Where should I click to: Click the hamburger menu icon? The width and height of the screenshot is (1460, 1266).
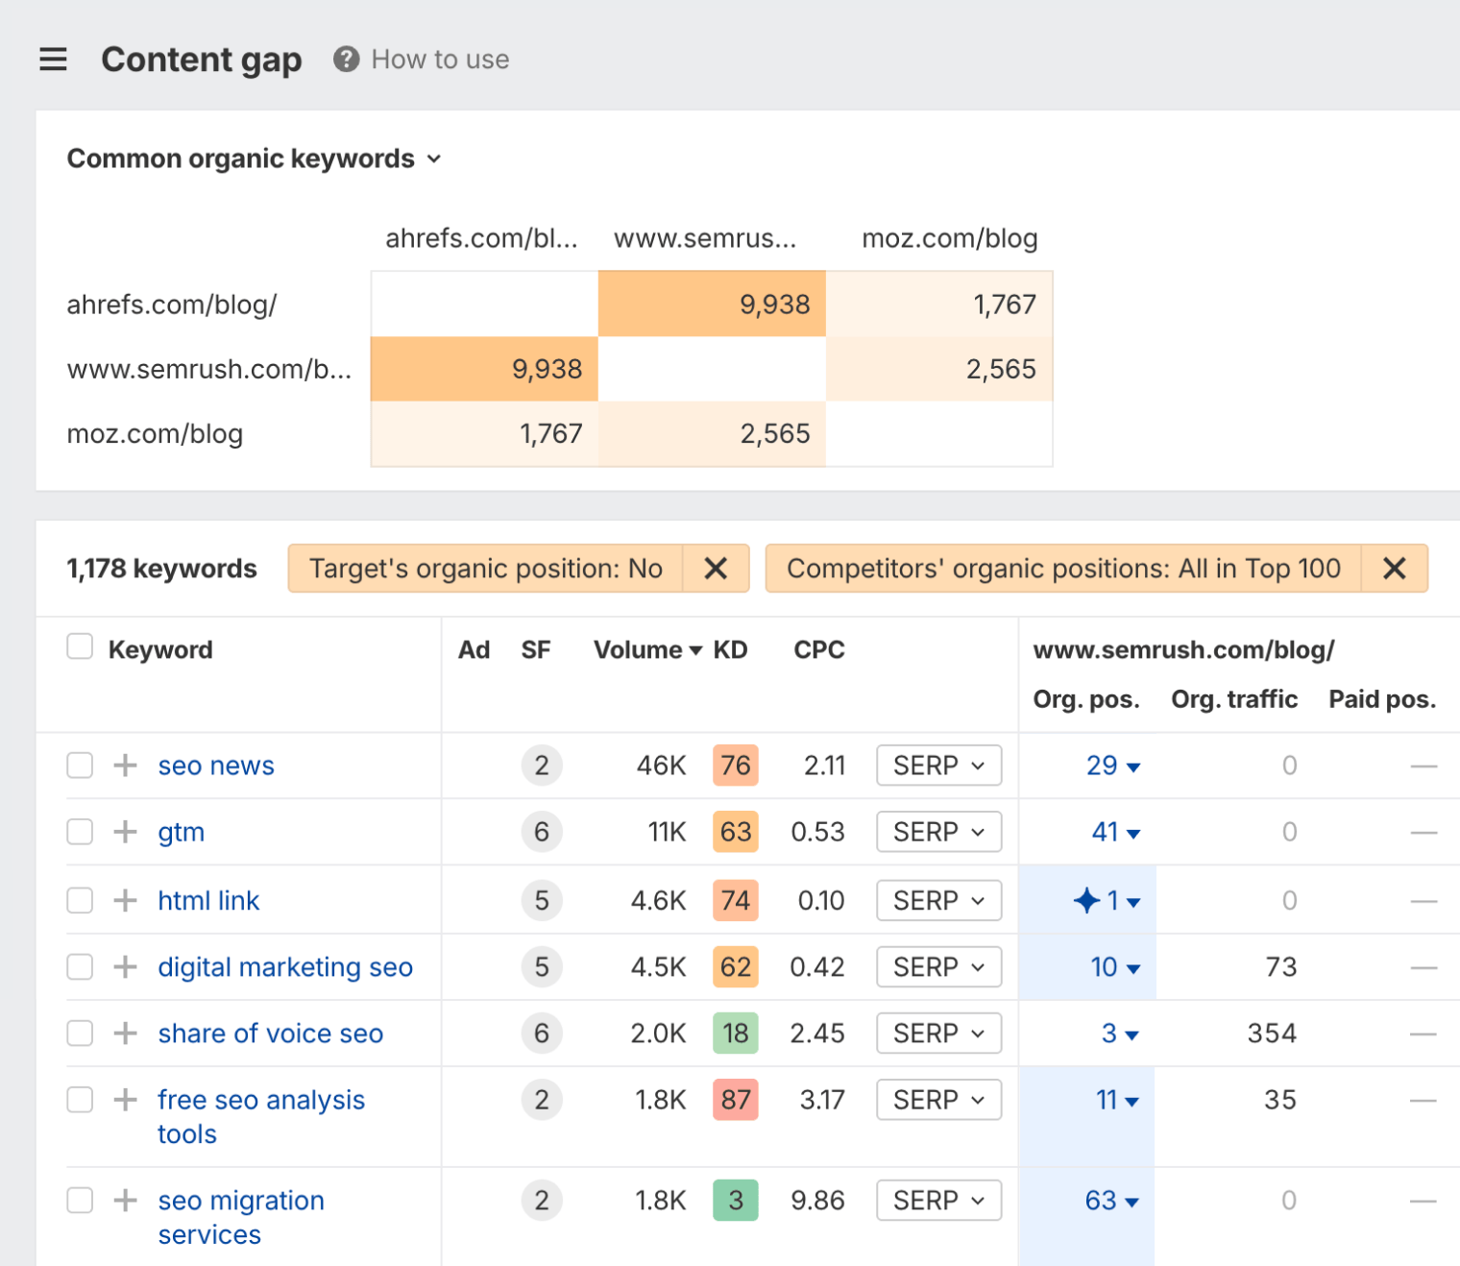[53, 60]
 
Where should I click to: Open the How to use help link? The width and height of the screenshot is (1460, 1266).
[422, 60]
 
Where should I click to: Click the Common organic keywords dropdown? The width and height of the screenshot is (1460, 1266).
[254, 158]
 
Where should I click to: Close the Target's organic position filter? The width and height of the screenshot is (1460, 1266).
[716, 569]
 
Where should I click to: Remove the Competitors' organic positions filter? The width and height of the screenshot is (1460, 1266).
[1394, 569]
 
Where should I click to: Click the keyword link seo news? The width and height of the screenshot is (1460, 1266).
[216, 766]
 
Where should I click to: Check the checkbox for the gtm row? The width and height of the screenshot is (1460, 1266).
[80, 832]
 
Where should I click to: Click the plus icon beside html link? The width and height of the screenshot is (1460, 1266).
[125, 900]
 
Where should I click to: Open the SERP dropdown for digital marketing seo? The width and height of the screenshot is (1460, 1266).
[938, 967]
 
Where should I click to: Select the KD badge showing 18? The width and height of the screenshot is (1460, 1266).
[736, 1034]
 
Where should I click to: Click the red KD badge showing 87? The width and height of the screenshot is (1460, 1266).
[736, 1100]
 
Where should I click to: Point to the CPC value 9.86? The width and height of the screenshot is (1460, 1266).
[817, 1201]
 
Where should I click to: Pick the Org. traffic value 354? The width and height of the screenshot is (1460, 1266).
[1272, 1034]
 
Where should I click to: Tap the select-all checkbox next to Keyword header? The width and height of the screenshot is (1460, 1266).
[80, 647]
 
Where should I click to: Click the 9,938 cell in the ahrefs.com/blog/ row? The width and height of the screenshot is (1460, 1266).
[712, 304]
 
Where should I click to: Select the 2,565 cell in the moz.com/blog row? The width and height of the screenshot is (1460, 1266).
[712, 434]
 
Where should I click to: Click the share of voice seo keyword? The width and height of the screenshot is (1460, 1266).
[270, 1034]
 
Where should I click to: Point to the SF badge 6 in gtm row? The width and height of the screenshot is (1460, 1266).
[542, 832]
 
